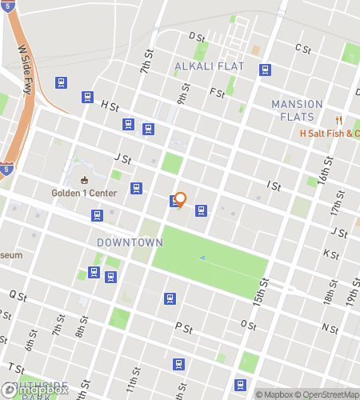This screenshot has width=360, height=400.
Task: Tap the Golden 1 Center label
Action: [x=85, y=192]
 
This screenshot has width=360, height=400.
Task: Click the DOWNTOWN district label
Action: [x=130, y=242]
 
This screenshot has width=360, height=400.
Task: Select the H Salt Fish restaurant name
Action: [x=329, y=133]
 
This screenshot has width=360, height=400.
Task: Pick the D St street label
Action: [x=196, y=37]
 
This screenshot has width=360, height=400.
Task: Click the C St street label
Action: [x=302, y=49]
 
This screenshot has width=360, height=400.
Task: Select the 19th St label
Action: [x=351, y=298]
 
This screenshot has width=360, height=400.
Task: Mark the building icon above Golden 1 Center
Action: [x=85, y=179]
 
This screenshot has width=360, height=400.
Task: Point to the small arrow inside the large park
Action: [x=202, y=258]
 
